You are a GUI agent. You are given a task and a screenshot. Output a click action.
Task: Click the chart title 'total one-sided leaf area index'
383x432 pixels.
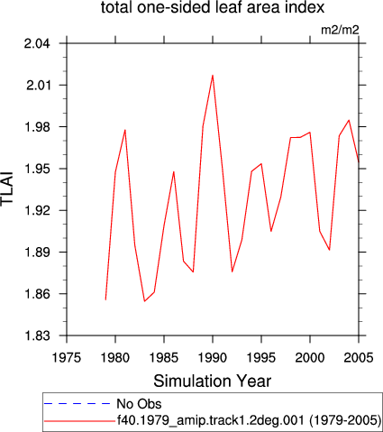tap(213, 7)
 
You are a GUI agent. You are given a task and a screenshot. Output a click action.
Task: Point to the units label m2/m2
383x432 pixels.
tap(340, 30)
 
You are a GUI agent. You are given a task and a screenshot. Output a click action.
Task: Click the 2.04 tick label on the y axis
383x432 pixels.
tap(37, 43)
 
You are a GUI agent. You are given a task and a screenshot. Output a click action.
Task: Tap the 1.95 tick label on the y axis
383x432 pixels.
tap(37, 169)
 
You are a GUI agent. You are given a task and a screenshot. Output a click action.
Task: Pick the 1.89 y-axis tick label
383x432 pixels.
tap(37, 252)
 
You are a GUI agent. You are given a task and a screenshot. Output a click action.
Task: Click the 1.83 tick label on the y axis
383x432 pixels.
tap(37, 335)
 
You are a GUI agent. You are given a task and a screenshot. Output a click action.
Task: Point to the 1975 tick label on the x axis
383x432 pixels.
tap(67, 358)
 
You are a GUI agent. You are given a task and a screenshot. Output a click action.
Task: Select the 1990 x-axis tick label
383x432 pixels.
tap(213, 358)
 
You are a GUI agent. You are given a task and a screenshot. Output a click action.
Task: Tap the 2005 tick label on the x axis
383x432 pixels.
tap(359, 358)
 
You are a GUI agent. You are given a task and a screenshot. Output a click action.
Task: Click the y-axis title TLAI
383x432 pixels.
tap(7, 188)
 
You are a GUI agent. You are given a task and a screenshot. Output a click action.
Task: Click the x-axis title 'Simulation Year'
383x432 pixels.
tap(213, 381)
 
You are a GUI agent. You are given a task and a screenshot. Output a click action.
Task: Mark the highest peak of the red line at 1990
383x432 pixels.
tap(213, 75)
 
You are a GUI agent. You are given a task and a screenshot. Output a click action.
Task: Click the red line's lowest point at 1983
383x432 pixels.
tap(144, 301)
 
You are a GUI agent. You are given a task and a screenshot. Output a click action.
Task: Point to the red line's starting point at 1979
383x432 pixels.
tap(105, 299)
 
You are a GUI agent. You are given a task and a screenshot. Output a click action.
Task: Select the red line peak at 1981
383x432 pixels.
tap(125, 130)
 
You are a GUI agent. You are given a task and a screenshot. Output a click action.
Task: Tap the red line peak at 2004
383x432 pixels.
tap(349, 120)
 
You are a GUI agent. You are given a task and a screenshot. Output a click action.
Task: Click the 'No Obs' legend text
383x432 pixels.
tap(139, 404)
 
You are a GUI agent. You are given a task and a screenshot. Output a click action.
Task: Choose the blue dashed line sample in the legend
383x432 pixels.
tap(78, 404)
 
